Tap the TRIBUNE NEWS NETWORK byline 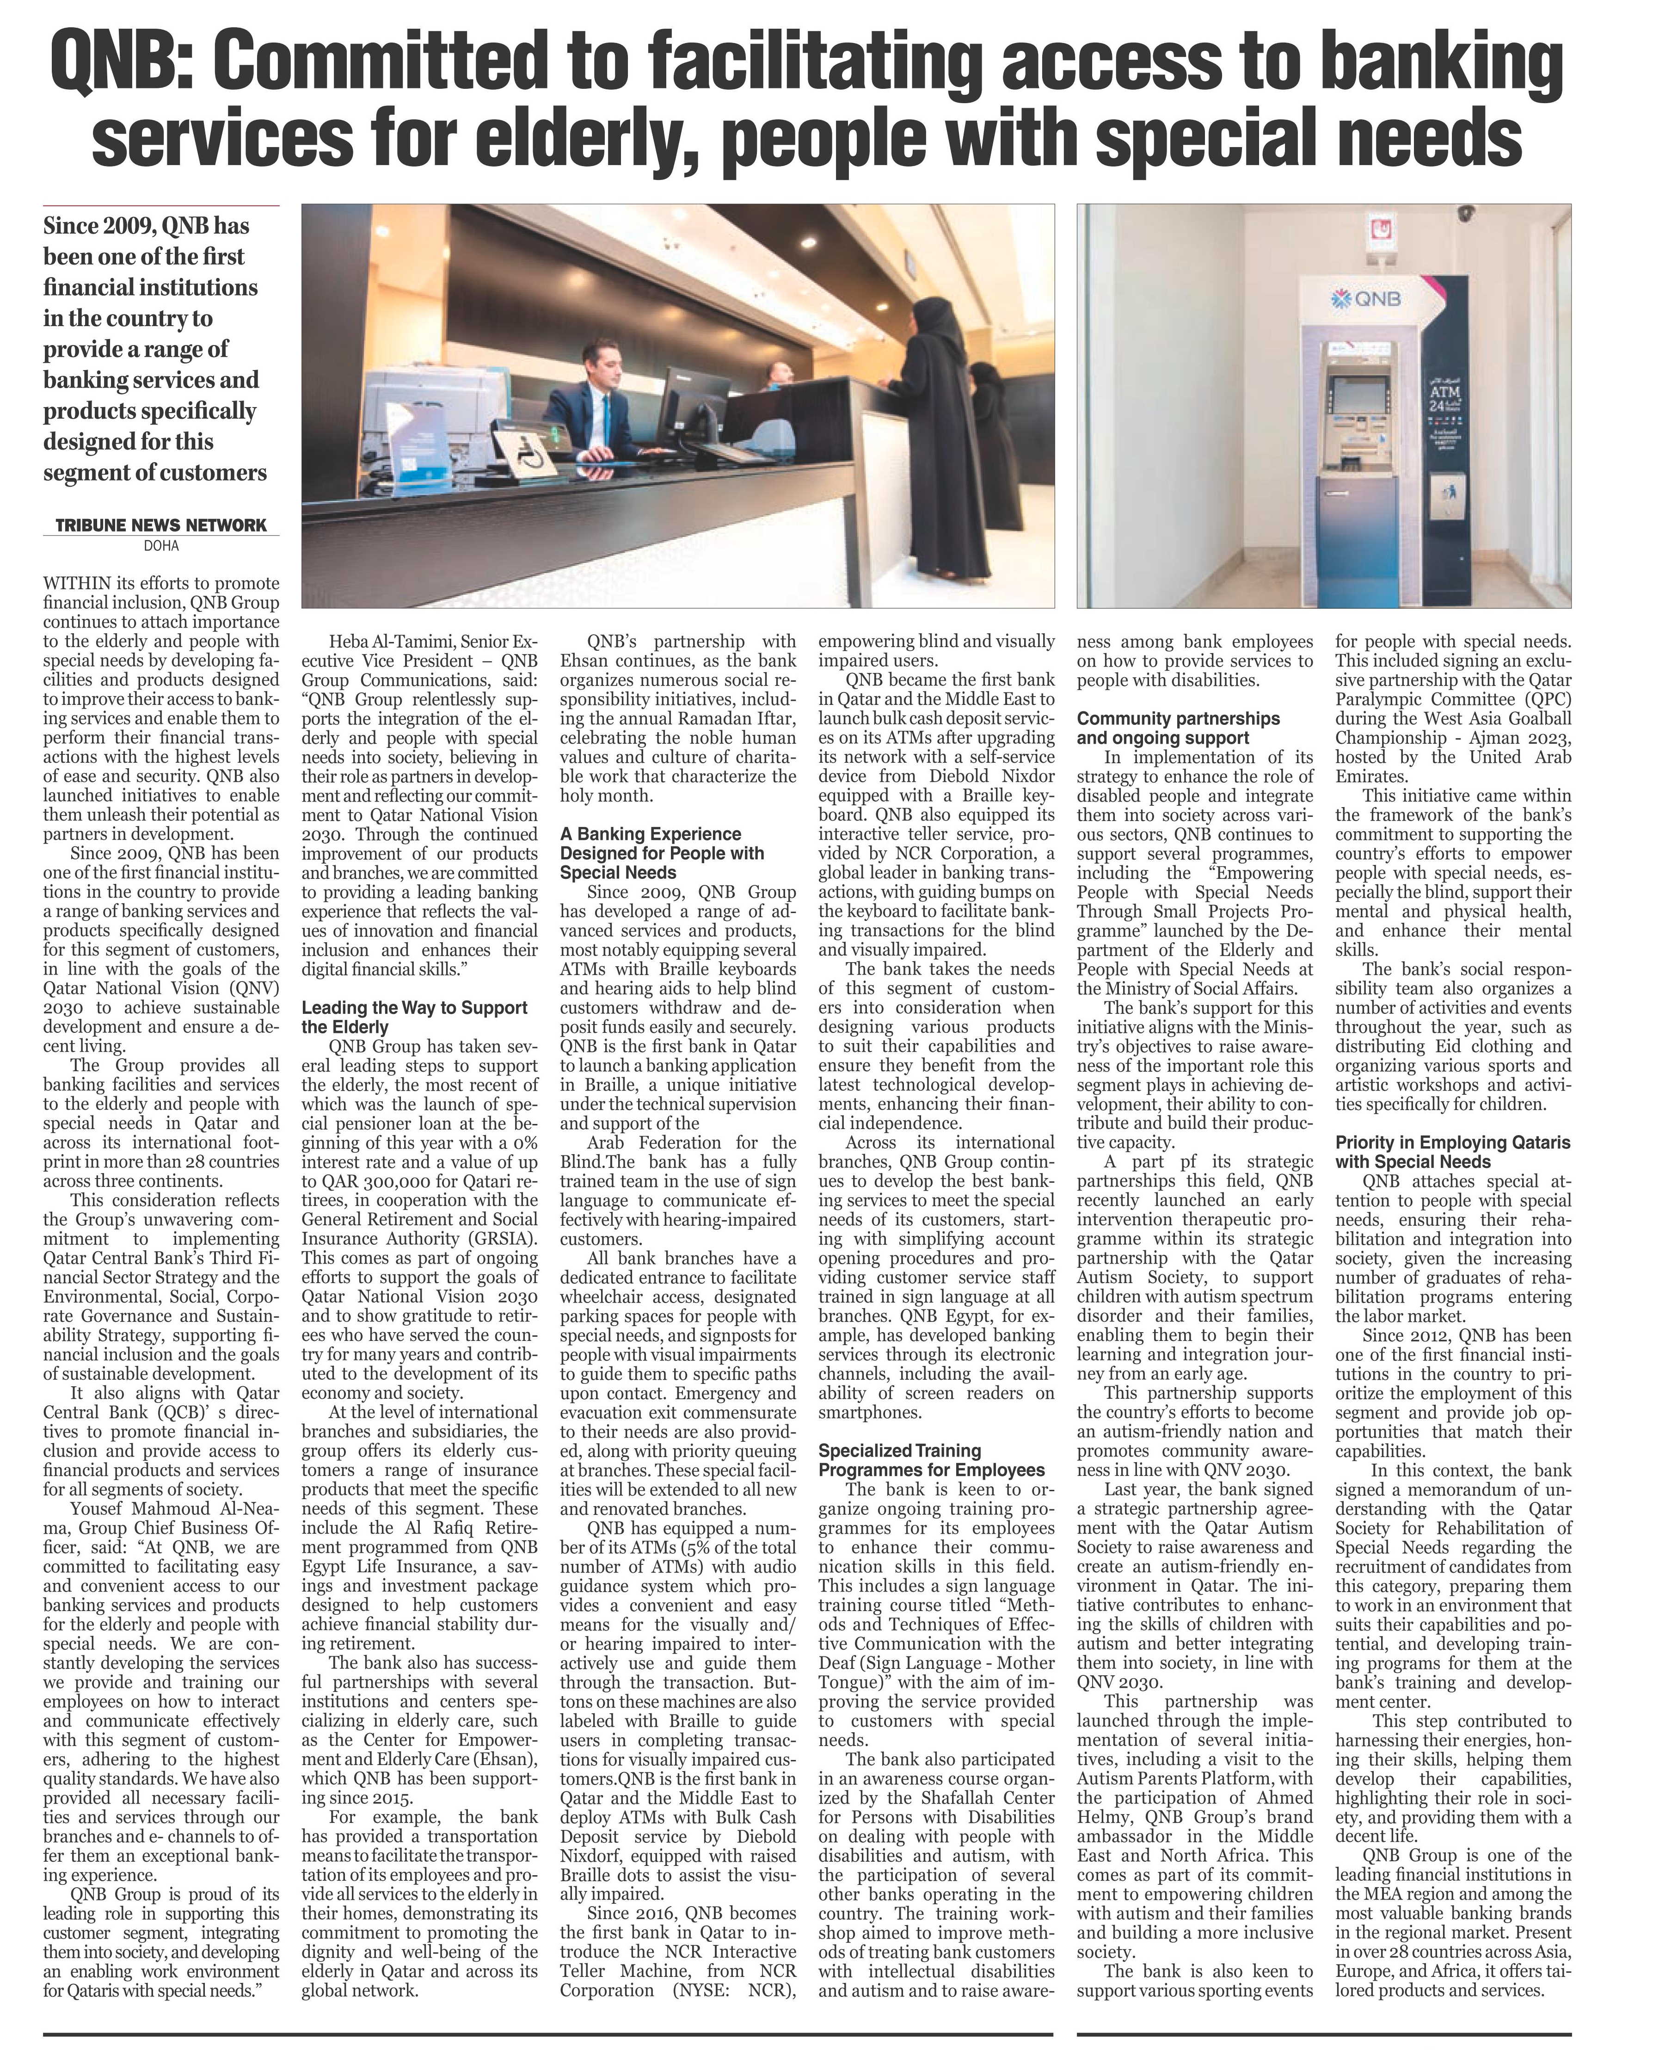point(161,525)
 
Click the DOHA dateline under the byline point(161,546)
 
